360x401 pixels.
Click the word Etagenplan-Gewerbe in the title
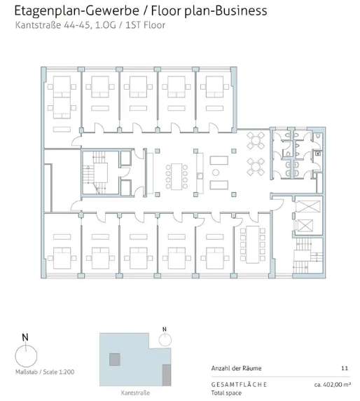pos(76,11)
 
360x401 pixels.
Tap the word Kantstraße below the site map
pos(135,393)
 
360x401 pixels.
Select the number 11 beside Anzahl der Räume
pos(345,368)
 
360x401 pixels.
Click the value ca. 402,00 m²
pos(333,384)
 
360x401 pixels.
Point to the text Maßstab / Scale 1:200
pos(45,372)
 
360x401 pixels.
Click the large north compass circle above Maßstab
pos(26,355)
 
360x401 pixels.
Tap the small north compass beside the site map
pos(165,339)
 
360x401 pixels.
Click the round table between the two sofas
pos(216,172)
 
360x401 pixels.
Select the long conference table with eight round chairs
pos(176,177)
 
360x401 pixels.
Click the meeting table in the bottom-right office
pos(252,244)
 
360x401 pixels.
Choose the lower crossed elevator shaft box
pos(305,225)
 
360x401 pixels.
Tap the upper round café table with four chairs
pos(256,140)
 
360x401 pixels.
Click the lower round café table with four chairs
pos(256,167)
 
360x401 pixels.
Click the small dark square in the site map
pos(115,360)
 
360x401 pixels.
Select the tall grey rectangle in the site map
pos(167,375)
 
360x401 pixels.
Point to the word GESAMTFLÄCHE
pos(239,385)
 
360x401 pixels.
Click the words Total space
pos(226,393)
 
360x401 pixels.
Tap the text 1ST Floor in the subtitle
pos(145,25)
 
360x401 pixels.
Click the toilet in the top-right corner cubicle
pos(318,136)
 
